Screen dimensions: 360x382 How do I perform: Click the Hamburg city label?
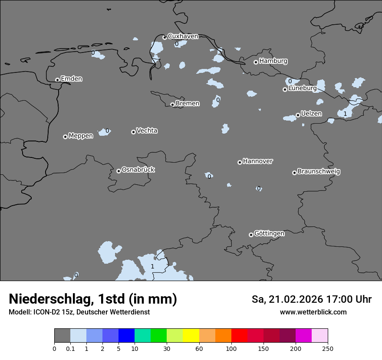tap(273, 61)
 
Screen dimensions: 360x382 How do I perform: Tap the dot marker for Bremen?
tap(172, 105)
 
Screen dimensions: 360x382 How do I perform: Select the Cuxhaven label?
tap(183, 36)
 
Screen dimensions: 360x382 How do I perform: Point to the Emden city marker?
tap(57, 80)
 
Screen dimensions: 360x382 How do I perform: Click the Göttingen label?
tap(269, 233)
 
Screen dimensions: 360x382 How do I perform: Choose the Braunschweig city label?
tap(319, 171)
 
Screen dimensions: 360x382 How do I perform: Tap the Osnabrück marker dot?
tap(119, 171)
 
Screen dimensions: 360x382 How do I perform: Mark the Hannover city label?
tap(257, 161)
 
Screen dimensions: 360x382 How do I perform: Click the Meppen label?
tap(80, 136)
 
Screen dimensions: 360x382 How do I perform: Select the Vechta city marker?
tap(133, 132)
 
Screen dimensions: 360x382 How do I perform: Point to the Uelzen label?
tap(311, 114)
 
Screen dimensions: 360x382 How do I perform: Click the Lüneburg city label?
tap(302, 88)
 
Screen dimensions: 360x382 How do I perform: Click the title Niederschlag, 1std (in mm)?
tap(92, 299)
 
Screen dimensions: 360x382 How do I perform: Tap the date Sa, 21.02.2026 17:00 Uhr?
tap(311, 299)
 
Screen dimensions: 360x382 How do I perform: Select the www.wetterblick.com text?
tap(313, 312)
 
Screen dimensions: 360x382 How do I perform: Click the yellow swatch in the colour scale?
tap(191, 336)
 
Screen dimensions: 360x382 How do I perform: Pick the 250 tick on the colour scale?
tap(328, 348)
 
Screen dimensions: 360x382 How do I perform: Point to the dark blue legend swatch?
tap(126, 336)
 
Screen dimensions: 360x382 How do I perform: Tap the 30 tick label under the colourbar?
tap(167, 348)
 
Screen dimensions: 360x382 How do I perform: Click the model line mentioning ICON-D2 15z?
tap(79, 312)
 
